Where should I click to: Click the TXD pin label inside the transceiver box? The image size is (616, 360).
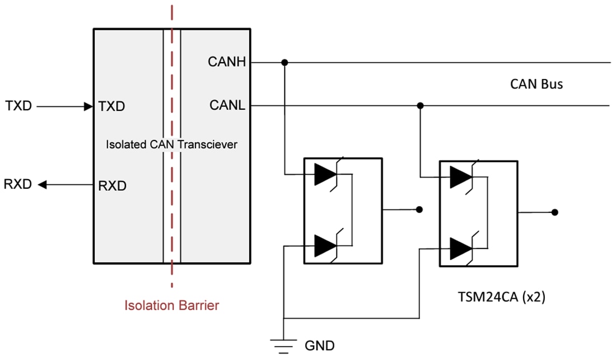click(x=111, y=106)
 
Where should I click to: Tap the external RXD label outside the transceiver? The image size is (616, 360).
click(x=18, y=184)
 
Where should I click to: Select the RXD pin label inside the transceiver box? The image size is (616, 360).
click(x=112, y=185)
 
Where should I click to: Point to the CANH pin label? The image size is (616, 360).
click(x=227, y=62)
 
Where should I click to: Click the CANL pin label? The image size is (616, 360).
click(x=227, y=105)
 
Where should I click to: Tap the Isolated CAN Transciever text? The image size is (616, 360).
click(x=172, y=144)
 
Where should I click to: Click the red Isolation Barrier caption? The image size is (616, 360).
click(x=172, y=306)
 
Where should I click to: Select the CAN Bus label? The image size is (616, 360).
click(x=536, y=84)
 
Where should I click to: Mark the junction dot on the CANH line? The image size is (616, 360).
click(x=284, y=62)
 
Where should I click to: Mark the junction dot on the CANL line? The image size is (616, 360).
click(x=420, y=105)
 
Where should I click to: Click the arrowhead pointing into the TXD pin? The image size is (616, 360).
click(x=88, y=106)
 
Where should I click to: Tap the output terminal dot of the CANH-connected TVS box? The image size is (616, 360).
click(x=419, y=210)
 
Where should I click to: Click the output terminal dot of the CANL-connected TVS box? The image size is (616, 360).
click(x=554, y=212)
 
